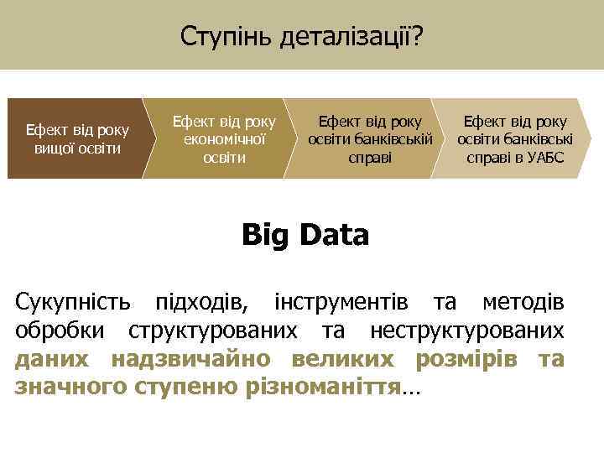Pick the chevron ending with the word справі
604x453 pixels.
(x=369, y=139)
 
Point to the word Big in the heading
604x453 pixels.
(x=263, y=235)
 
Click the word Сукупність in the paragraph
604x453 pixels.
(x=73, y=300)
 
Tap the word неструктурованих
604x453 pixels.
(x=466, y=330)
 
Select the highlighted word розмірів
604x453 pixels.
(x=465, y=359)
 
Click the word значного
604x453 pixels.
(x=70, y=388)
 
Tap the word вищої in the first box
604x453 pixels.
(x=54, y=148)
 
